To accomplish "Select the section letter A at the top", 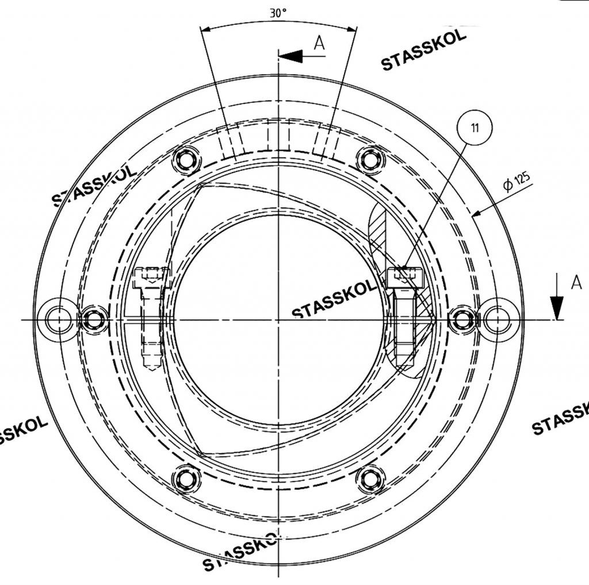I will pyautogui.click(x=320, y=43).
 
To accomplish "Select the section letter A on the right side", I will pyautogui.click(x=576, y=282).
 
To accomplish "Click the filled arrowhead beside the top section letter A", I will pyautogui.click(x=291, y=56).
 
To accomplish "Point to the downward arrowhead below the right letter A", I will pyautogui.click(x=556, y=308).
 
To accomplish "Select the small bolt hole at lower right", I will pyautogui.click(x=370, y=478).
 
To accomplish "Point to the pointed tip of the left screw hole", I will pyautogui.click(x=152, y=368).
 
